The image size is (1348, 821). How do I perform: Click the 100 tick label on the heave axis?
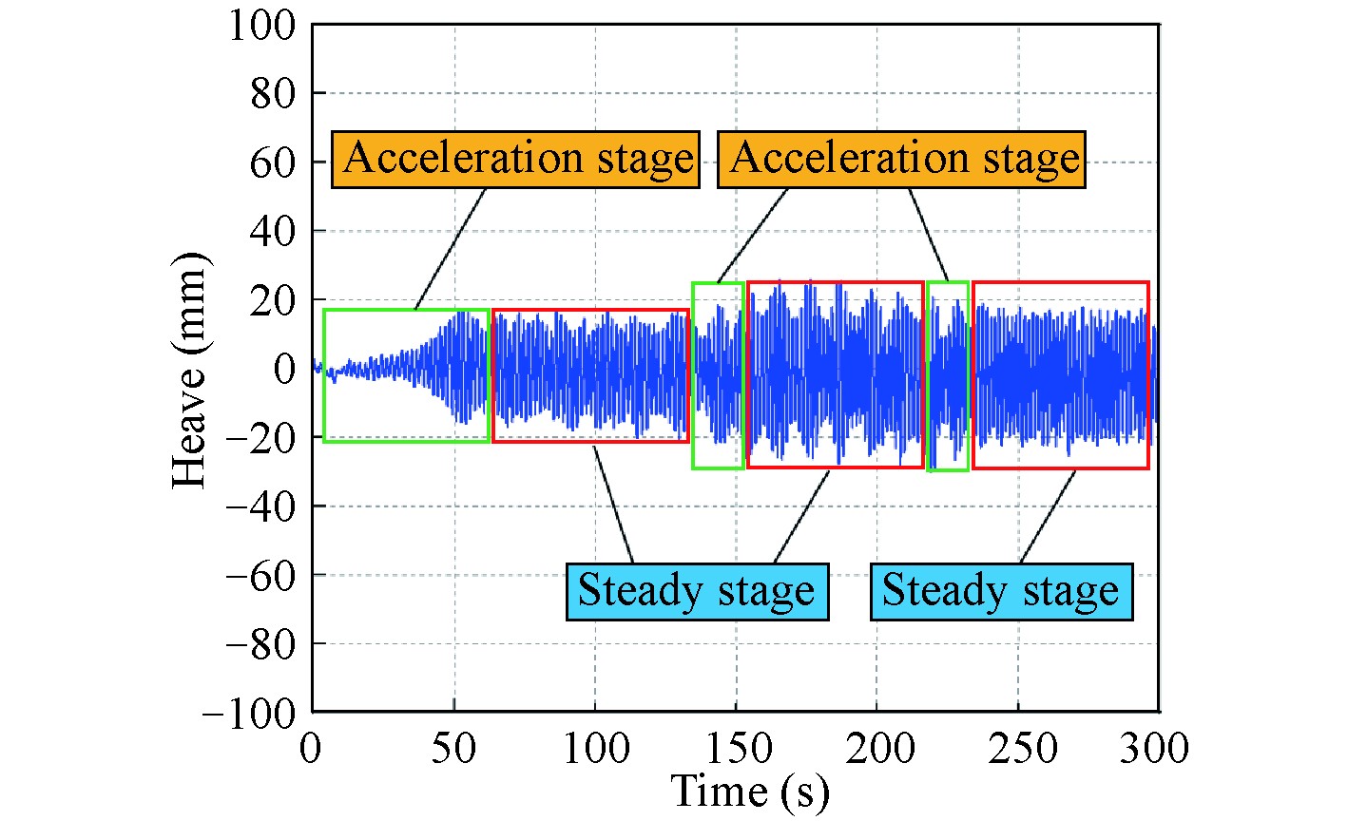coord(262,27)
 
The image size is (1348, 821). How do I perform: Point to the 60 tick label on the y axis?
coord(273,162)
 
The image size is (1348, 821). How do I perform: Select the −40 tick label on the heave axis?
coord(261,506)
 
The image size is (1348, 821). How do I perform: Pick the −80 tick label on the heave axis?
coord(261,645)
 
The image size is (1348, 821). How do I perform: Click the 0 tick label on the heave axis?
coord(284,369)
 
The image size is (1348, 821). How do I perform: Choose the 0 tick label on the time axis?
coord(311,748)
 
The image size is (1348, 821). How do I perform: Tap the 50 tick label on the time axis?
coord(453,748)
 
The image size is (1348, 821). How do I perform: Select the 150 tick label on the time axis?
coord(737,748)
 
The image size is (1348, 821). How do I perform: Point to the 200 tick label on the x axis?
coord(878,748)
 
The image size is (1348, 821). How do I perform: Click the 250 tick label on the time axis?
coord(1021,748)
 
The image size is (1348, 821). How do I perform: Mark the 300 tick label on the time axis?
coord(1154,748)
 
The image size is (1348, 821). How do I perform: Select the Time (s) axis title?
coord(750,792)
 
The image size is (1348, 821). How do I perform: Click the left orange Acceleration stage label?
coord(516,160)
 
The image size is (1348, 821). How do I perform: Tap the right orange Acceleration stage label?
coord(901,160)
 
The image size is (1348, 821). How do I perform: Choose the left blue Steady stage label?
coord(698,592)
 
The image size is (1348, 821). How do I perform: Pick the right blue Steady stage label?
coord(1002,592)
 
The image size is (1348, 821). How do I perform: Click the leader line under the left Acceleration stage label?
coord(450,249)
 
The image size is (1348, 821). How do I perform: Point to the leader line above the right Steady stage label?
coord(1048,517)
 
